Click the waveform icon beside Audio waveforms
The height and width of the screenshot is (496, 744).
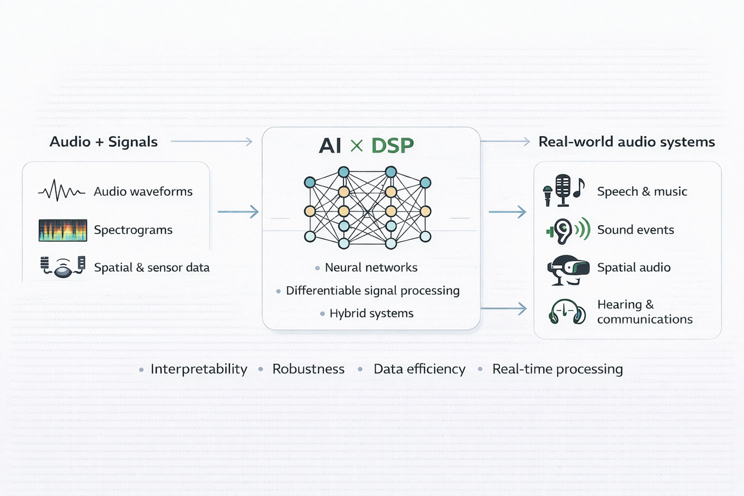coord(62,191)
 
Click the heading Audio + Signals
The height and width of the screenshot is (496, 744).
coord(103,142)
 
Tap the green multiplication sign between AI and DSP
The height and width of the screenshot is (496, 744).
coord(356,146)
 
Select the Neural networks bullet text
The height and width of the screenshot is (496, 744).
coord(371,268)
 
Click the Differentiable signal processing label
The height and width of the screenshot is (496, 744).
coord(373,290)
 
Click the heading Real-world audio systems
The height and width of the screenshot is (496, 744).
coord(627,142)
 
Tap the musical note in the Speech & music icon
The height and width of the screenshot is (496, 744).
coord(579,188)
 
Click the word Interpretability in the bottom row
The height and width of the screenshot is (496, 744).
coord(199,369)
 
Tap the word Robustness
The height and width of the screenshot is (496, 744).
coord(308,369)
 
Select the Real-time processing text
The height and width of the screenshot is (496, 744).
coord(557,369)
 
